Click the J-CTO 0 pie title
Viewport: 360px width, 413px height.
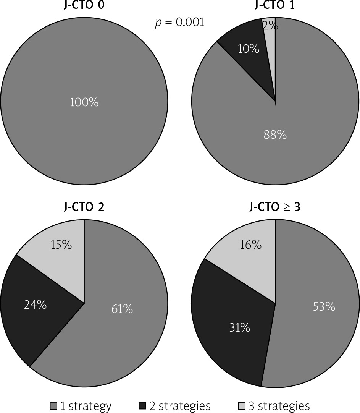point(84,5)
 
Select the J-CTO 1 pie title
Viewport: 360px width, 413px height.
point(275,5)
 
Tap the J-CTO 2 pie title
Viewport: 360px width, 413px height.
point(84,207)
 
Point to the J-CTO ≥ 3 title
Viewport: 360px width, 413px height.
point(275,207)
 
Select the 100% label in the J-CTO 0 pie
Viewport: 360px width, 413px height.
point(84,102)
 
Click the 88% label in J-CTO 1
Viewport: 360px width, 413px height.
point(275,134)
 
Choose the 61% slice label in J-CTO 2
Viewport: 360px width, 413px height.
point(122,309)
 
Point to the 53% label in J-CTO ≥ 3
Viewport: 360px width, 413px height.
point(324,306)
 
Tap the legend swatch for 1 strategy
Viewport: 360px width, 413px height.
point(53,406)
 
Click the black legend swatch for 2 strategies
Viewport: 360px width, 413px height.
point(142,406)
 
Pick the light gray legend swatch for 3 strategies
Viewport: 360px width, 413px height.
point(242,406)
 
